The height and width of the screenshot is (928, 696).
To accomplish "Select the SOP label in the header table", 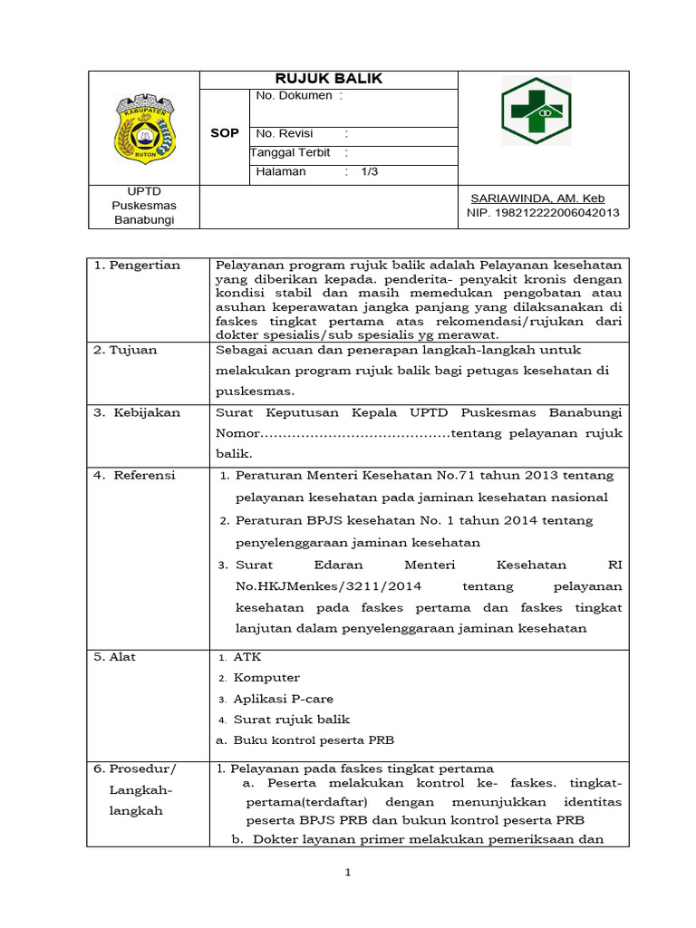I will [x=224, y=133].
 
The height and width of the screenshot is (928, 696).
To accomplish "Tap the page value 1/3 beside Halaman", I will [x=370, y=171].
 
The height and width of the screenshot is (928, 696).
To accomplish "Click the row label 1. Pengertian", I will [x=138, y=265].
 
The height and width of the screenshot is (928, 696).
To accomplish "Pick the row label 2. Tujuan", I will [x=126, y=350].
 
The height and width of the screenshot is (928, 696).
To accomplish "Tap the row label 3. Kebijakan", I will [x=138, y=412].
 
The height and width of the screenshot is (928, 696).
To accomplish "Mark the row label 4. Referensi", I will [x=136, y=475].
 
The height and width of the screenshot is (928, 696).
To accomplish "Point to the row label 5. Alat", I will [x=115, y=657].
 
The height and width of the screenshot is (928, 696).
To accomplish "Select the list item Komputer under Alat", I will [x=266, y=678].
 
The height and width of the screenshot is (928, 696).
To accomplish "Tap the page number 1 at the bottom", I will [x=347, y=873].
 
